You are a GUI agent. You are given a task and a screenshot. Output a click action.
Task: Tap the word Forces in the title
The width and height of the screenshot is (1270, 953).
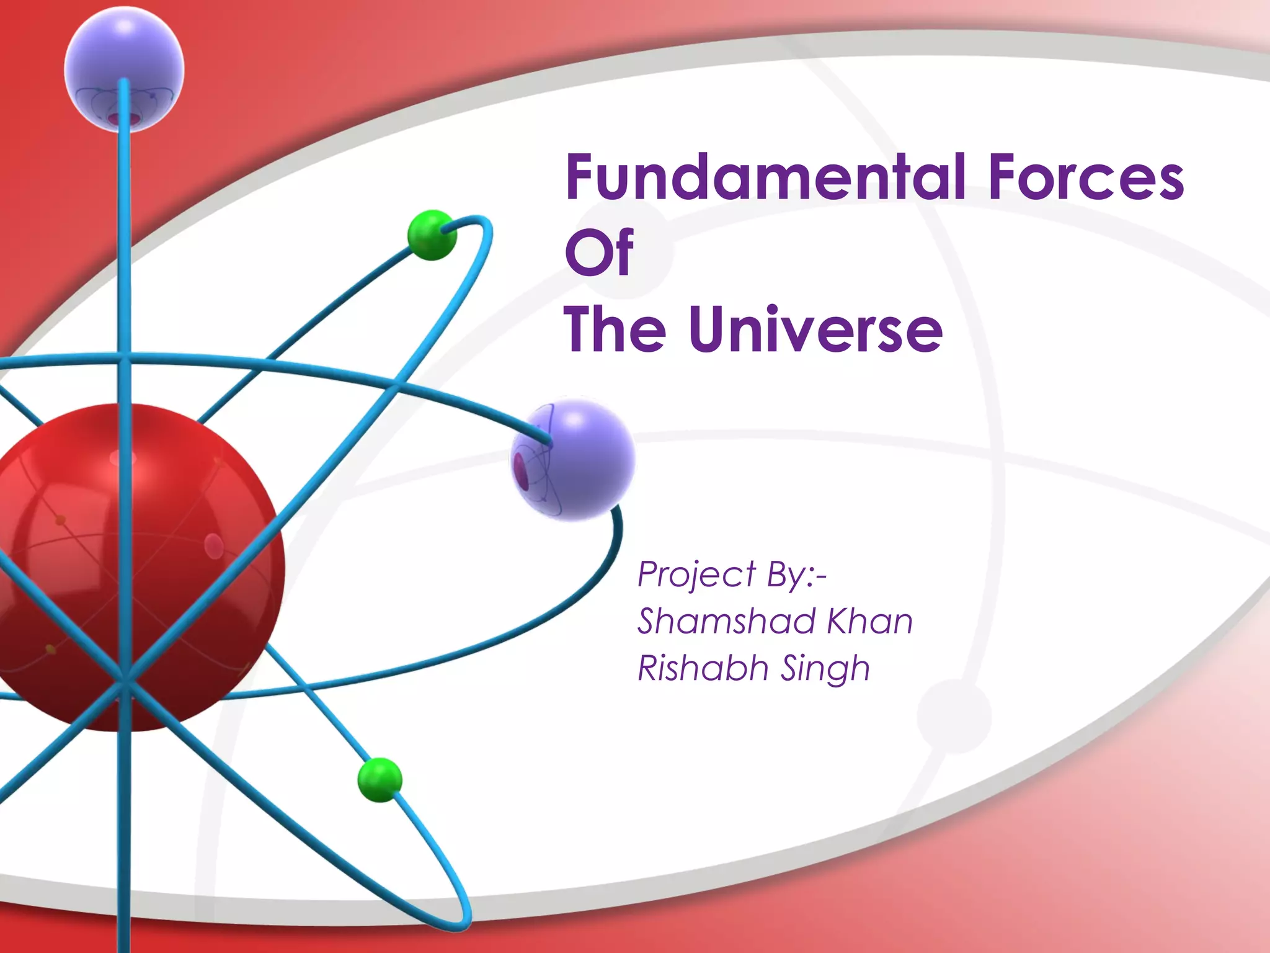(1085, 178)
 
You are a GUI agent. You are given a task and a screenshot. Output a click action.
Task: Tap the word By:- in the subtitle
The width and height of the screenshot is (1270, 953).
(796, 575)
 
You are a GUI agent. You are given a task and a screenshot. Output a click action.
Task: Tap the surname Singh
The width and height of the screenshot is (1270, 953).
(825, 669)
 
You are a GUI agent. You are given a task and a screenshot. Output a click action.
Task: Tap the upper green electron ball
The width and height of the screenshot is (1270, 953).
(431, 235)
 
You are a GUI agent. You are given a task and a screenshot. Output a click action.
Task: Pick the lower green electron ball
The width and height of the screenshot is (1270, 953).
(380, 780)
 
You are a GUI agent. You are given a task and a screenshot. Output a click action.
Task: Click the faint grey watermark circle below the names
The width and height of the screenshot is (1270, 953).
(954, 716)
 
